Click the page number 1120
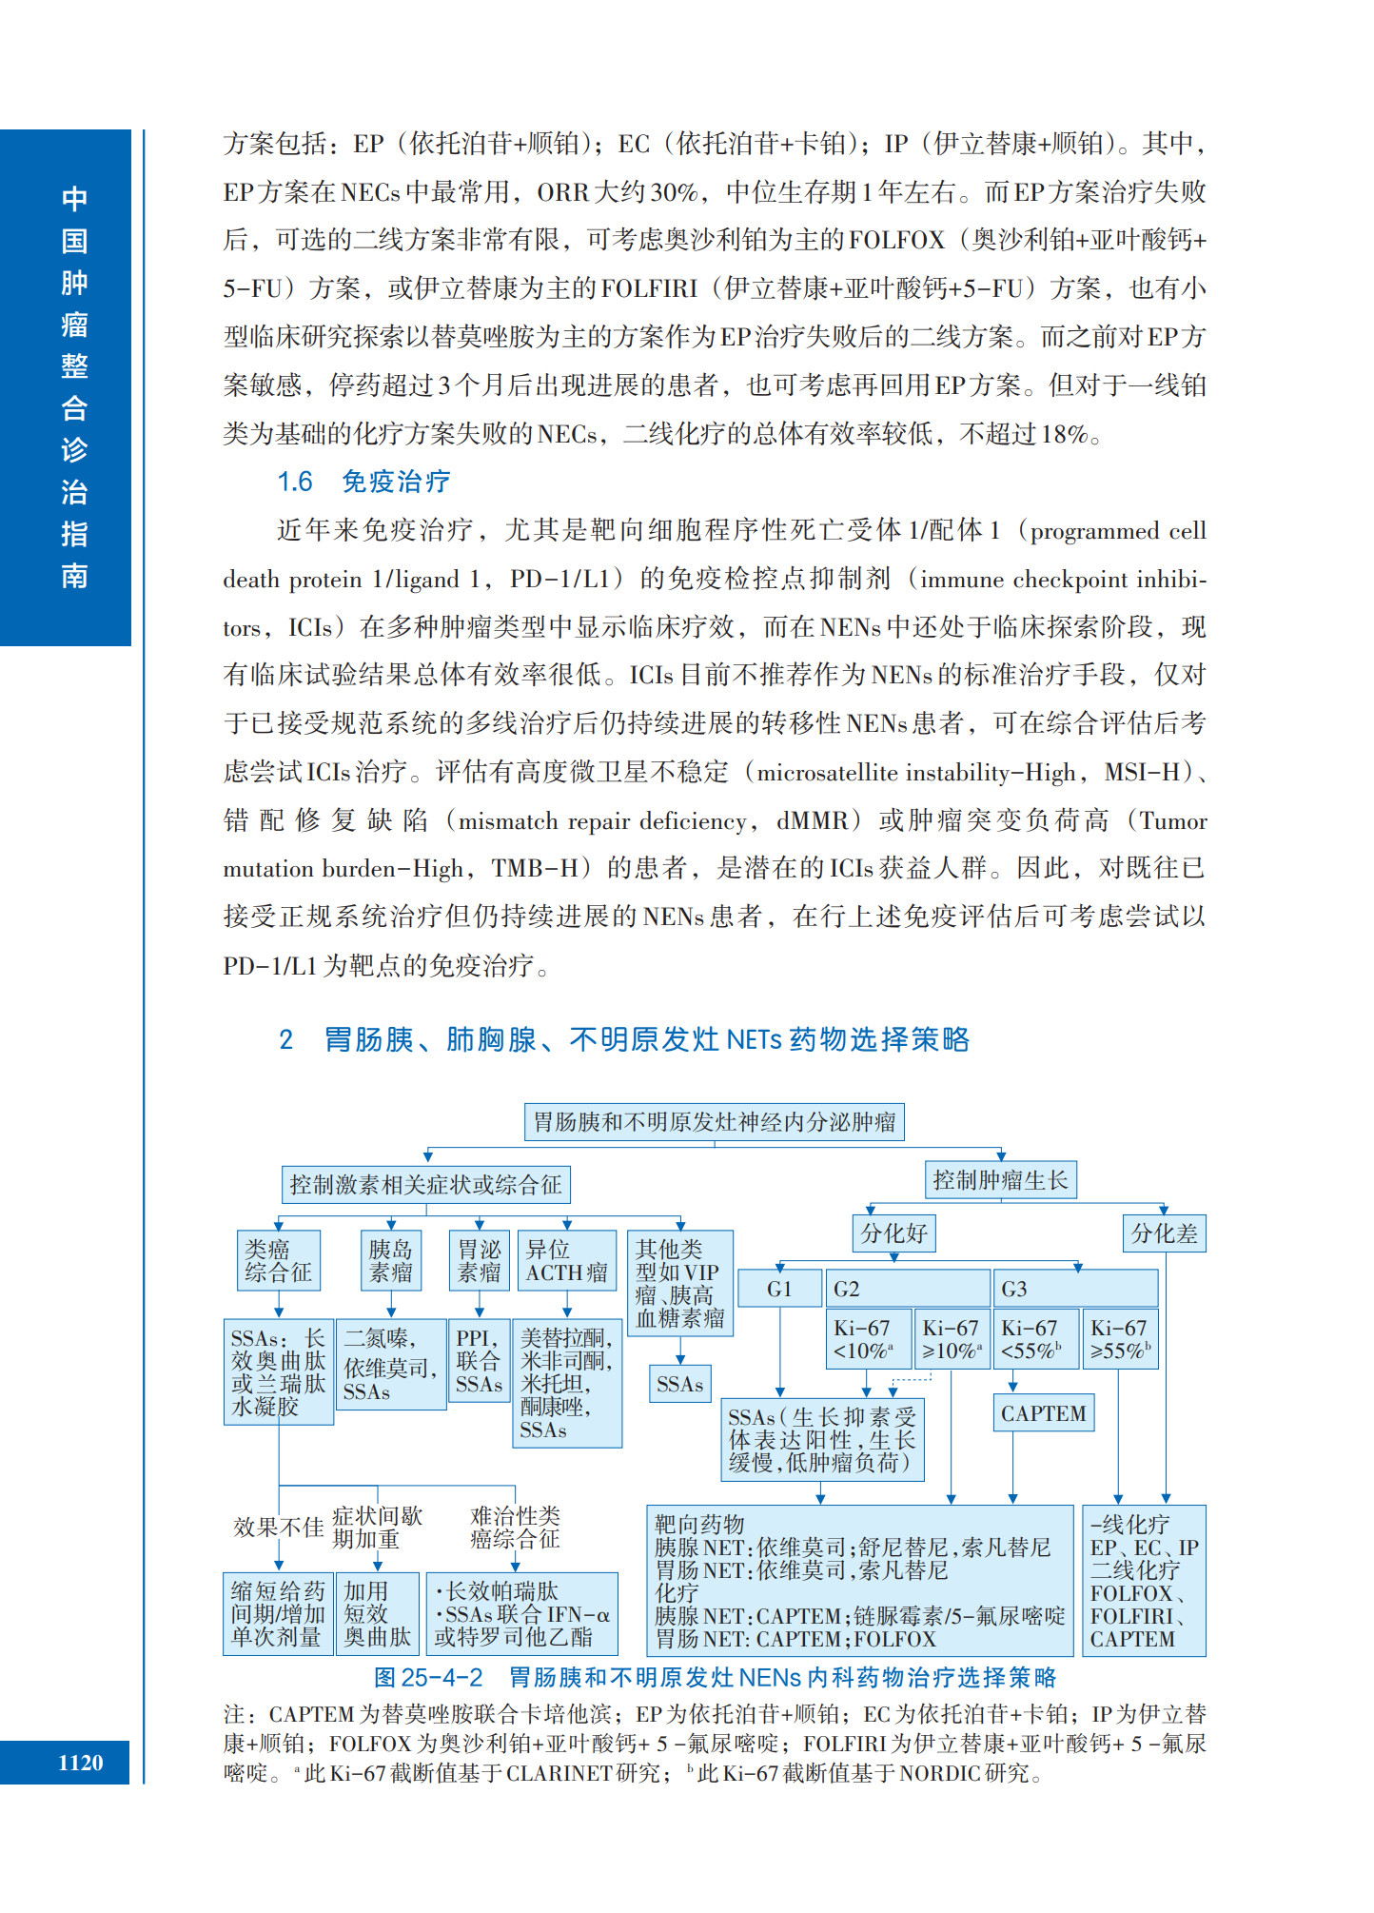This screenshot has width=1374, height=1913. point(80,1762)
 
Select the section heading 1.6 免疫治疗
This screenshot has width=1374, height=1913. point(363,482)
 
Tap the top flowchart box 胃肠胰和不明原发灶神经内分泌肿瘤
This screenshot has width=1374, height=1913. point(714,1122)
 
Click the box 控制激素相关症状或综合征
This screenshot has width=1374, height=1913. point(425,1185)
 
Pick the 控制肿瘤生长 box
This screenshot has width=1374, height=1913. point(1000,1180)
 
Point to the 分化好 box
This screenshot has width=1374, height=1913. point(893,1233)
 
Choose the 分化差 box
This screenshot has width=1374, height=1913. point(1164,1233)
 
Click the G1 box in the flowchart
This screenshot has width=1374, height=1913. point(779,1289)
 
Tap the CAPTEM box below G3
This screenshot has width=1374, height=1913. point(1043,1413)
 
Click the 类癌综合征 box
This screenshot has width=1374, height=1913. point(278,1260)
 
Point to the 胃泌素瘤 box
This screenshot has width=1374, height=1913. point(479,1260)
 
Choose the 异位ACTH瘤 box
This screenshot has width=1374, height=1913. point(566,1260)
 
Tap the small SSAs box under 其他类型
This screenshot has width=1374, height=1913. point(679,1385)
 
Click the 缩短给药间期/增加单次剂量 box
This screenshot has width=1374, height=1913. point(278,1613)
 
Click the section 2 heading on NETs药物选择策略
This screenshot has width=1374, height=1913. point(624,1039)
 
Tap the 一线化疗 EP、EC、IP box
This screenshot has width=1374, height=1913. point(1145,1581)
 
